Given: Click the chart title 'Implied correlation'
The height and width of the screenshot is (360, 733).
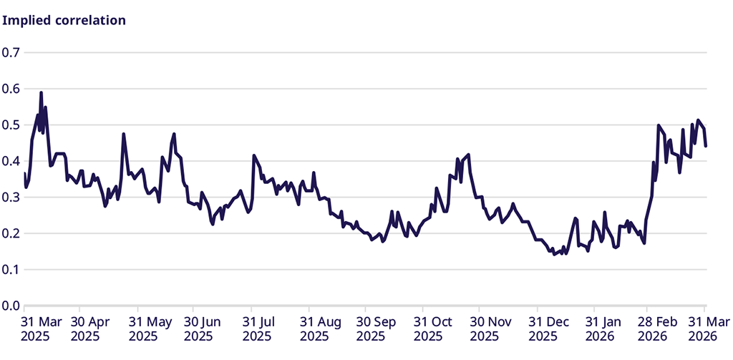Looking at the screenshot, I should (x=64, y=20).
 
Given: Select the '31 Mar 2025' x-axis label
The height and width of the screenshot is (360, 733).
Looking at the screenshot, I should (x=42, y=329).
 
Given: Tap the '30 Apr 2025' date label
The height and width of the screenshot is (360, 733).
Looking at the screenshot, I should (x=91, y=329).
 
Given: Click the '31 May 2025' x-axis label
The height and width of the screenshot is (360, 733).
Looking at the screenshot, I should (x=149, y=329).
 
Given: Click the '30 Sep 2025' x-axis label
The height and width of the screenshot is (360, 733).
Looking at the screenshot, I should (x=377, y=329).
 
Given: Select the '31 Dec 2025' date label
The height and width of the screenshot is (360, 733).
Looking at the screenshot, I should (x=549, y=329).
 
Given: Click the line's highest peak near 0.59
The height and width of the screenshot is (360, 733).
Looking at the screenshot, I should (x=41, y=92).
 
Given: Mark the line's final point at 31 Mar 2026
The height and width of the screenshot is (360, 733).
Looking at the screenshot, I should (x=706, y=146).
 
